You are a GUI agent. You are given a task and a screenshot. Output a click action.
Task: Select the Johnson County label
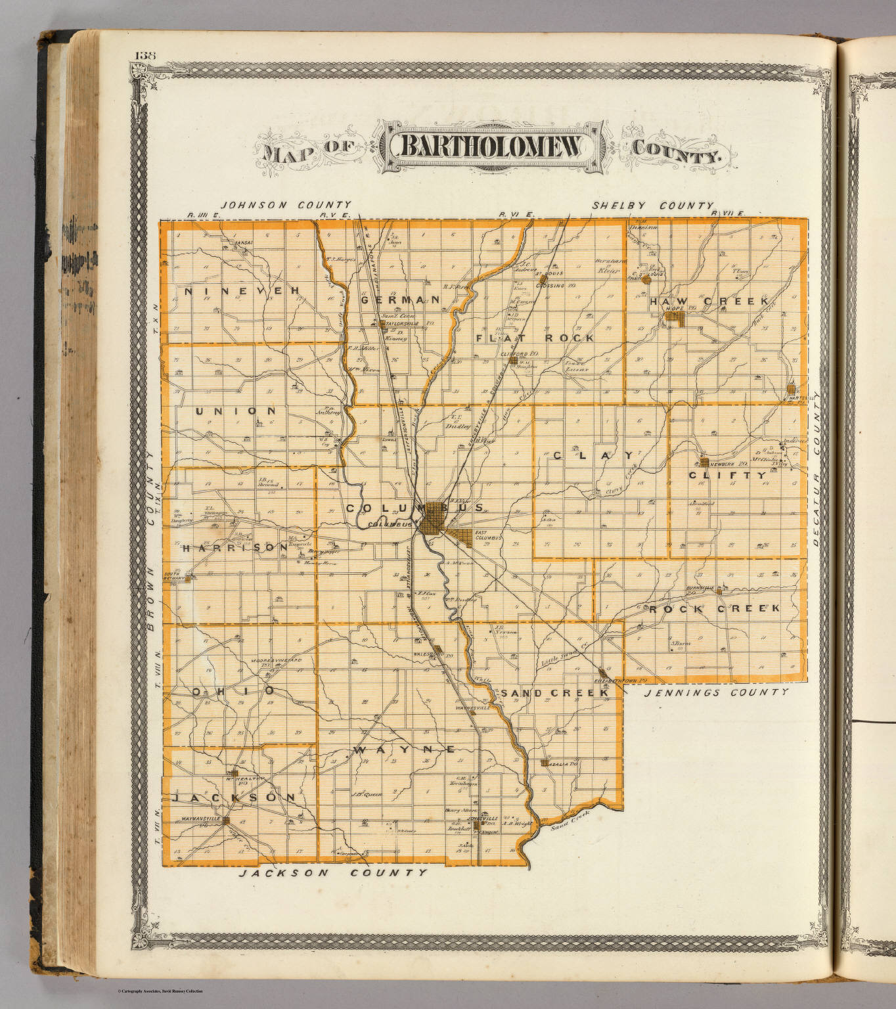click(286, 205)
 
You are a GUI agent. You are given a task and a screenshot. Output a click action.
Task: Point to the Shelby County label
click(653, 206)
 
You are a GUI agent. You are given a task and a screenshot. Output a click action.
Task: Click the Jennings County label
click(716, 692)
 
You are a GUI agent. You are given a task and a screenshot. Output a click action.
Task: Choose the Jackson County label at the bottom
click(332, 873)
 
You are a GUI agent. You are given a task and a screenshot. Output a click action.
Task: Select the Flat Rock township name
click(535, 338)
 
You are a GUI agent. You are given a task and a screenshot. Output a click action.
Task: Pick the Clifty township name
click(727, 475)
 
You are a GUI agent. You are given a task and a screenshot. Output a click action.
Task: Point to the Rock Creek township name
click(715, 608)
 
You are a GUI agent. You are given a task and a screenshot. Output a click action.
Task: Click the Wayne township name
click(404, 750)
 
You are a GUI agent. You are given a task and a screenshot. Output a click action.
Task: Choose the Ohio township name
click(233, 691)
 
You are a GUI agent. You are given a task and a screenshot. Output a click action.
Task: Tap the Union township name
click(235, 411)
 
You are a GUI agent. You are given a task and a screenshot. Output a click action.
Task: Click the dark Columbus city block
click(433, 520)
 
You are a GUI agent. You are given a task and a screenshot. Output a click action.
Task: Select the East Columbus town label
click(488, 537)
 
